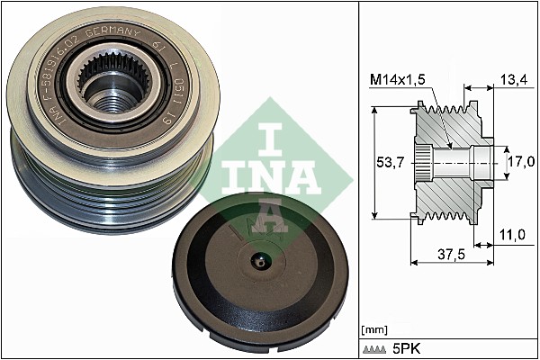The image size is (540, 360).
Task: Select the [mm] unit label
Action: [373, 330]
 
